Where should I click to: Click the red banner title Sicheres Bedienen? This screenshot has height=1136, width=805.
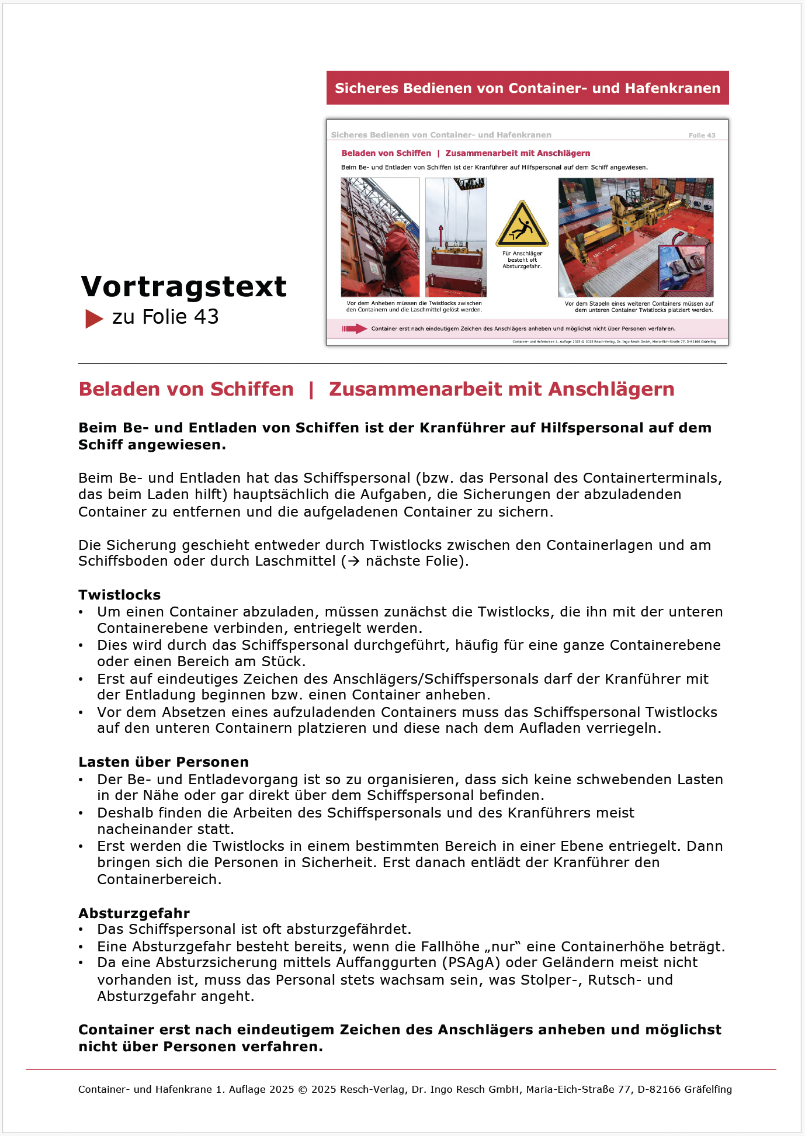pyautogui.click(x=527, y=88)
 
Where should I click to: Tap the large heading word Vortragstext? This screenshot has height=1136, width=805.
pyautogui.click(x=184, y=286)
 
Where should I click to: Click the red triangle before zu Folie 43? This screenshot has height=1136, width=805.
pyautogui.click(x=93, y=318)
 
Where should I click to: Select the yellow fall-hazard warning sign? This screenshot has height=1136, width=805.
pyautogui.click(x=522, y=224)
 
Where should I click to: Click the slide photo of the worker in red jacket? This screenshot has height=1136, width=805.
pyautogui.click(x=380, y=237)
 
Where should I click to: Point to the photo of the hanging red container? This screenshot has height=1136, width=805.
pyautogui.click(x=456, y=237)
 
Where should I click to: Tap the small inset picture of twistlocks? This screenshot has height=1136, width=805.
pyautogui.click(x=682, y=268)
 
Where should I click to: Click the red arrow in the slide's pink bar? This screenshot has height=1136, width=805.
pyautogui.click(x=354, y=328)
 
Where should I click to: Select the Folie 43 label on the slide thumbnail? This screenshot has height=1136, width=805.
pyautogui.click(x=702, y=136)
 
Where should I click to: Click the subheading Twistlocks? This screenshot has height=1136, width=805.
pyautogui.click(x=120, y=595)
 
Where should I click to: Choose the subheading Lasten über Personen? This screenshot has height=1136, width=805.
pyautogui.click(x=164, y=762)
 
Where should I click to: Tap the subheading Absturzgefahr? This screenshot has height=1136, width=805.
pyautogui.click(x=134, y=913)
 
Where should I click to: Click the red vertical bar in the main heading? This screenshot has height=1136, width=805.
pyautogui.click(x=311, y=389)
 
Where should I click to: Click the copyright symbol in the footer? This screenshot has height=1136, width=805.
pyautogui.click(x=303, y=1089)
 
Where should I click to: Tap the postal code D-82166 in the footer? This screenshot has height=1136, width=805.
pyautogui.click(x=658, y=1089)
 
